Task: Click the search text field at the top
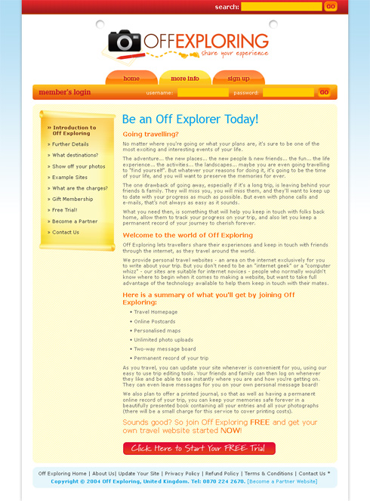[281, 7]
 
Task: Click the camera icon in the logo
[124, 42]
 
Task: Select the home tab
[131, 78]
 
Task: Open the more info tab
[185, 78]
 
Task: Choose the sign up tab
[239, 78]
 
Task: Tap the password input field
[288, 92]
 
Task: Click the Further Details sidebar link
[70, 144]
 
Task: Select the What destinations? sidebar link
[75, 155]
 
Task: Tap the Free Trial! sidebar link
[64, 210]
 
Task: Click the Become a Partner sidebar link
[75, 221]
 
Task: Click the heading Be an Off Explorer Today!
[190, 119]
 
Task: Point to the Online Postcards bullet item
[154, 321]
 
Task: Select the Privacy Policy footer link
[183, 473]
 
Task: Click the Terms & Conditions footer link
[269, 473]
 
